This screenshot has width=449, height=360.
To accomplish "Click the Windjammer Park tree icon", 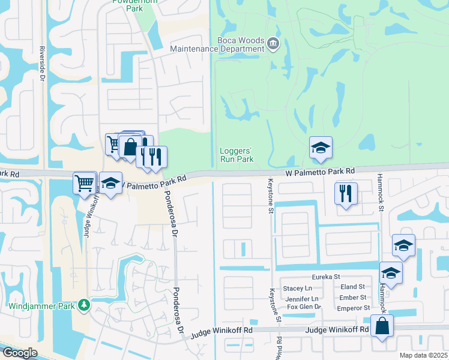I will [84, 305].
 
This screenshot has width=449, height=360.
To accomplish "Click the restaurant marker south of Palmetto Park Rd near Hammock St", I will [346, 194].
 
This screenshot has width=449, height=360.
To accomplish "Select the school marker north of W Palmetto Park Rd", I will [321, 148].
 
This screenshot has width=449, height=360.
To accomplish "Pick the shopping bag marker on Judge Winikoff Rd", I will [382, 327].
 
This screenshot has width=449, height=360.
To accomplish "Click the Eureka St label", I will [325, 277].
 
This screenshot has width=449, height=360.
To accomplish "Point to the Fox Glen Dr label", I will [304, 307].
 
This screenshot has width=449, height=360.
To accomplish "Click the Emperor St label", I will [353, 308].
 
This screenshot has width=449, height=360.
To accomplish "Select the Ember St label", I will [353, 298].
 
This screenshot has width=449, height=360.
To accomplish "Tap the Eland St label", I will [353, 287].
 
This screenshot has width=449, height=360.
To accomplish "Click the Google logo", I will [19, 353].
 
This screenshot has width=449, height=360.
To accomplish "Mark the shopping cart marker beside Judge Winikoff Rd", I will [85, 182].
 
